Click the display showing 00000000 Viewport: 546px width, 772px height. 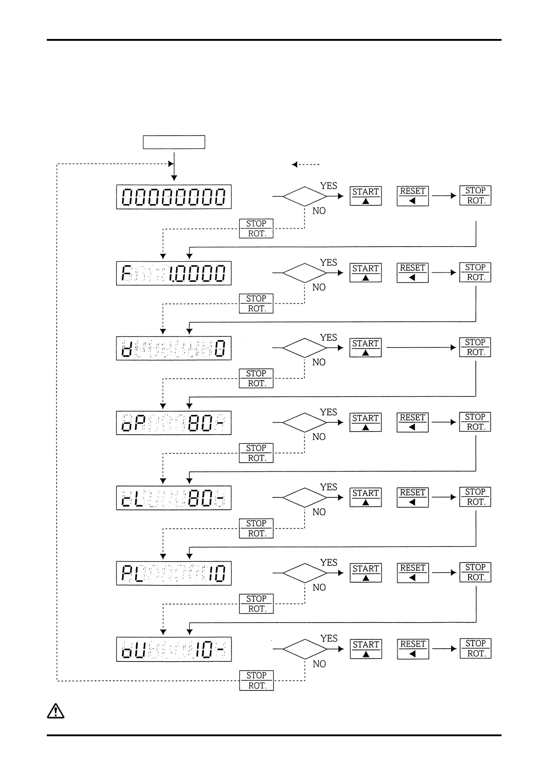pyautogui.click(x=174, y=197)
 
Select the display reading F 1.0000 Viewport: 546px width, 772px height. pyautogui.click(x=174, y=273)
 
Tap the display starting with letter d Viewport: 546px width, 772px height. pyautogui.click(x=174, y=348)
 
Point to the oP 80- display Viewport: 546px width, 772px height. pyautogui.click(x=174, y=423)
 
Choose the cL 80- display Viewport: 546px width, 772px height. pyautogui.click(x=174, y=498)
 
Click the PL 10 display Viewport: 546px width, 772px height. pyautogui.click(x=174, y=573)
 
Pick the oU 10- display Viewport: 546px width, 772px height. pyautogui.click(x=174, y=649)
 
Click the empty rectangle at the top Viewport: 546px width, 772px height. pyautogui.click(x=174, y=142)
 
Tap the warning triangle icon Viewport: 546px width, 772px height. pyautogui.click(x=55, y=711)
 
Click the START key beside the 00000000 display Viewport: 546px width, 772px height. pyautogui.click(x=365, y=196)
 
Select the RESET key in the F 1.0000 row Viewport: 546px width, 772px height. pyautogui.click(x=413, y=272)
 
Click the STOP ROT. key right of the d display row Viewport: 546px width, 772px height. pyautogui.click(x=475, y=347)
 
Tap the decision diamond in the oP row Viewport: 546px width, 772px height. pyautogui.click(x=305, y=422)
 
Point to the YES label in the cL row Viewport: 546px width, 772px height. pyautogui.click(x=329, y=487)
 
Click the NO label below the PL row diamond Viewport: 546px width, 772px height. pyautogui.click(x=319, y=587)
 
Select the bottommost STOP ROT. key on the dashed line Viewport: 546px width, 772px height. pyautogui.click(x=256, y=680)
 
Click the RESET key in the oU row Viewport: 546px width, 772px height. pyautogui.click(x=413, y=649)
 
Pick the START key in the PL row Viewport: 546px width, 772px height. pyautogui.click(x=365, y=573)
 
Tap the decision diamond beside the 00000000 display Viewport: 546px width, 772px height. pyautogui.click(x=305, y=196)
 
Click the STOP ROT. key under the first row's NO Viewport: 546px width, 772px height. pyautogui.click(x=256, y=228)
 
